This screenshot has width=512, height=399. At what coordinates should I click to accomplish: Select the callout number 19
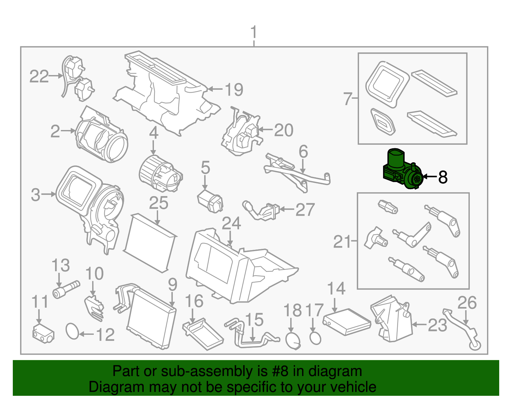pyautogui.click(x=234, y=89)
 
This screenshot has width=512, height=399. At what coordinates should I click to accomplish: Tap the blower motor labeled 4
pyautogui.click(x=160, y=173)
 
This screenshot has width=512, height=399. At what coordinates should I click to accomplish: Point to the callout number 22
pyautogui.click(x=39, y=76)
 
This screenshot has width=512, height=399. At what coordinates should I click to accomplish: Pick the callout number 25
pyautogui.click(x=159, y=203)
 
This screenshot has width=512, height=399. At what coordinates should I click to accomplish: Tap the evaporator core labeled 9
pyautogui.click(x=152, y=318)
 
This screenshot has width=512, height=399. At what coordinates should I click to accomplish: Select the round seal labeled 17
pyautogui.click(x=315, y=338)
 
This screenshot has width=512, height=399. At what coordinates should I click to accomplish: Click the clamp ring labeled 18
pyautogui.click(x=292, y=341)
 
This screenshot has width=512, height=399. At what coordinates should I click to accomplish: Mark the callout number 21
pyautogui.click(x=342, y=242)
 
